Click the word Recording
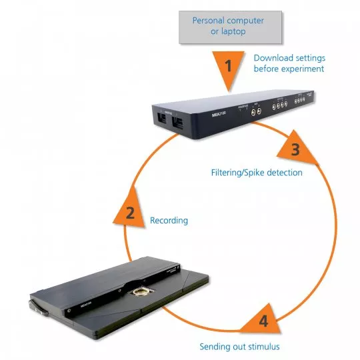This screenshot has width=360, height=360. coord(169,220)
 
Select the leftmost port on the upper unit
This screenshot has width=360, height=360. coord(161,121)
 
